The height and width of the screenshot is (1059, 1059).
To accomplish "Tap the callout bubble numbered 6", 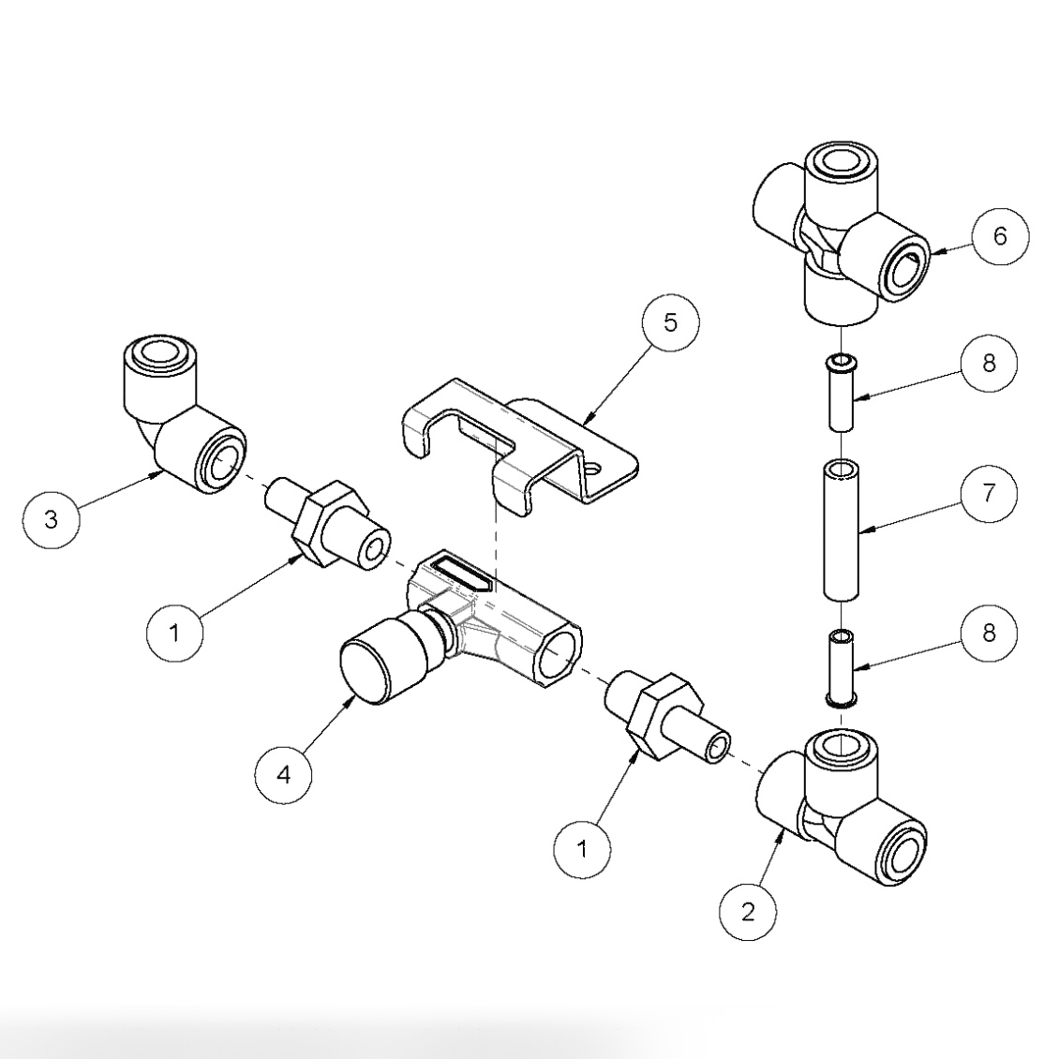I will pyautogui.click(x=999, y=237).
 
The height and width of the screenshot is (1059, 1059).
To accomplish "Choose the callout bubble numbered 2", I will pyautogui.click(x=748, y=911).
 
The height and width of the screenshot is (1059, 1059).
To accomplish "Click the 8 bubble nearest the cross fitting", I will pyautogui.click(x=989, y=365).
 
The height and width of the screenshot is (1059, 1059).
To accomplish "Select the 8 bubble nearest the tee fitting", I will pyautogui.click(x=989, y=634).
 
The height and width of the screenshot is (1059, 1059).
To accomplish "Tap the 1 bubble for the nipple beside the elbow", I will pyautogui.click(x=174, y=634).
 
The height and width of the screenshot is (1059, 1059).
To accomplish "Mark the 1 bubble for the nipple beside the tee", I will pyautogui.click(x=582, y=850).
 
